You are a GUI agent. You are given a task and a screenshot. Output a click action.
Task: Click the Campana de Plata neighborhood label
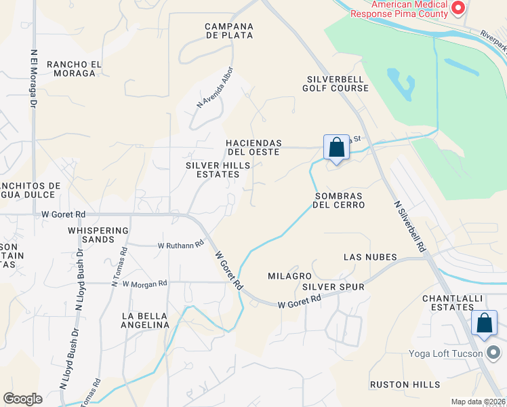tap(229, 31)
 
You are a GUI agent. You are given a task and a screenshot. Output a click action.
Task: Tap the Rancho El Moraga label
tap(74, 69)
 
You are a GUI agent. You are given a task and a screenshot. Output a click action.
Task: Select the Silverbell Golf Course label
tap(333, 83)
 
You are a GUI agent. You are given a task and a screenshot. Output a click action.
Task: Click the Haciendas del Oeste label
tap(254, 147)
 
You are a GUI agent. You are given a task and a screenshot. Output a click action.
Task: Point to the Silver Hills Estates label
tap(213, 170)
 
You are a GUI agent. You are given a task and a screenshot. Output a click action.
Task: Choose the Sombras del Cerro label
tap(339, 200)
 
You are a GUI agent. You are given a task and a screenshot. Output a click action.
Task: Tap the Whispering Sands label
tap(98, 235)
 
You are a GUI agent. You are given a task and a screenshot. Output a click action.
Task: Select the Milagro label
tap(289, 276)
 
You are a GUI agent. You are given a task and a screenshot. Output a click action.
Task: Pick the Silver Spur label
tap(333, 287)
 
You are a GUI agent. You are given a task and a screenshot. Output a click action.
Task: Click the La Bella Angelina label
tap(145, 320)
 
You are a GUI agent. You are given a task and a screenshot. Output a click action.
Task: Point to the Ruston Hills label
tap(405, 385)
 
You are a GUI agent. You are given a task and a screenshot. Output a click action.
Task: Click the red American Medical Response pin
tap(458, 9)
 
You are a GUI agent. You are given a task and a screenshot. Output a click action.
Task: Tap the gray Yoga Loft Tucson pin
tap(494, 353)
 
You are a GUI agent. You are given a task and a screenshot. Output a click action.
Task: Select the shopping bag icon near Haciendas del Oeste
tap(336, 147)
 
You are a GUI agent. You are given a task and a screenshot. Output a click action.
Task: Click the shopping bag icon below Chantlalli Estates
tap(485, 323)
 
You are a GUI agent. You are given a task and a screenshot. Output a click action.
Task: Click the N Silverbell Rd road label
tap(407, 226)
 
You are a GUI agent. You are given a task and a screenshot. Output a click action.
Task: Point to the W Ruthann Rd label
tap(181, 245)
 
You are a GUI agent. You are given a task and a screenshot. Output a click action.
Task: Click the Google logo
tap(23, 399)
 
